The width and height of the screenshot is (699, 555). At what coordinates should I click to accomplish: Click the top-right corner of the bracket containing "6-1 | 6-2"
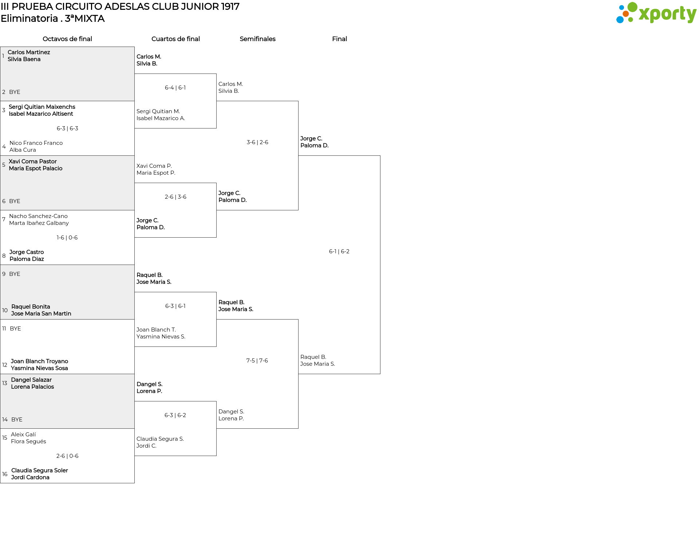tap(380, 156)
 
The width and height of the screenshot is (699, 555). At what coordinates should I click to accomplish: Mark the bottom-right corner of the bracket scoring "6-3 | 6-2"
tap(216, 456)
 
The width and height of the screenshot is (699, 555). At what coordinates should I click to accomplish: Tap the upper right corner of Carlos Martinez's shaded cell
tap(134, 47)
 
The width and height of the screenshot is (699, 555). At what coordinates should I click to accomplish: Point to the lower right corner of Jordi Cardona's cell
tap(134, 483)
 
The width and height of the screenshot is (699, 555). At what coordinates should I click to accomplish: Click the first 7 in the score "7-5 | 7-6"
tap(248, 361)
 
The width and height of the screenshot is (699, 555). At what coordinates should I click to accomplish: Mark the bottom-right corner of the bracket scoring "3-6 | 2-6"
tap(298, 210)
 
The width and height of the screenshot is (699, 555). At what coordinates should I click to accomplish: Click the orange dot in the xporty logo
tap(625, 14)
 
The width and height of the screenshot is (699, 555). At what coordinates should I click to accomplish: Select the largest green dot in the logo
tap(632, 7)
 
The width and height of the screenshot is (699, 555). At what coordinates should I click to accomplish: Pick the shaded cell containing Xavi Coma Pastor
tap(67, 183)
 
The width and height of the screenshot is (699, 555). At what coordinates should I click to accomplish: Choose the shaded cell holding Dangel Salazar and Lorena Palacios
tap(67, 401)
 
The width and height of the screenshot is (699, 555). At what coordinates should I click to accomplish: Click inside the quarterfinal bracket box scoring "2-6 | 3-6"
tap(175, 210)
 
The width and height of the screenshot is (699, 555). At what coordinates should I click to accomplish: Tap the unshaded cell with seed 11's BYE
tap(67, 347)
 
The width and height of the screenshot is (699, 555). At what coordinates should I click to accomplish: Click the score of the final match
tap(339, 251)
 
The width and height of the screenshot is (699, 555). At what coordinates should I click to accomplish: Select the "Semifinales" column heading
tap(257, 39)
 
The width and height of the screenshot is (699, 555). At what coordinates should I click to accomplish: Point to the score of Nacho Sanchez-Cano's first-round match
tap(67, 238)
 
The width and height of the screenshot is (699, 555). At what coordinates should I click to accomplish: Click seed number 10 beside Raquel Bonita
tap(5, 310)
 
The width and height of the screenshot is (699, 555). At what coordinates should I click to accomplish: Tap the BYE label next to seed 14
tap(17, 420)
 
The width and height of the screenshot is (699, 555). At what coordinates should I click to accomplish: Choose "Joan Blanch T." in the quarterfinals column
tap(156, 330)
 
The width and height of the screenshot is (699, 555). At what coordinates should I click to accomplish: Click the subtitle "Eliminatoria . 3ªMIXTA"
tap(53, 19)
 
